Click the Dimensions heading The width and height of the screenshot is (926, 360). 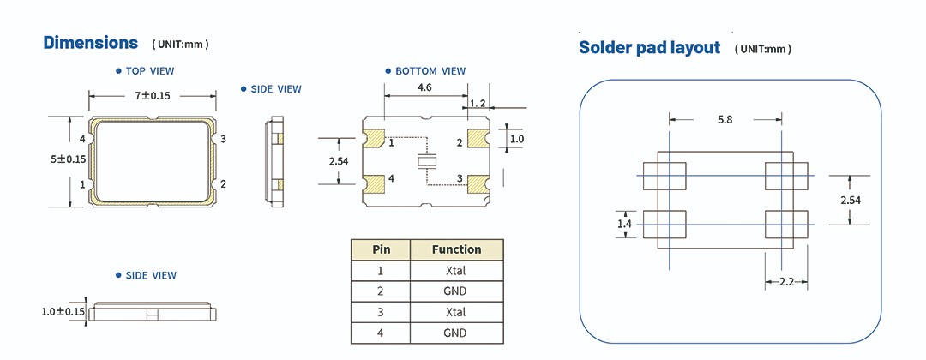[x=90, y=43]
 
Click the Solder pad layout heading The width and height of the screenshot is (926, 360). [x=649, y=48]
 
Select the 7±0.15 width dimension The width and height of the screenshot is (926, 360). [x=152, y=96]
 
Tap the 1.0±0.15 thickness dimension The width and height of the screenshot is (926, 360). [x=63, y=312]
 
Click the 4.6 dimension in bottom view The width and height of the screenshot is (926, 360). [x=424, y=88]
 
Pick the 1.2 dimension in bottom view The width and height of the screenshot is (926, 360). [x=478, y=103]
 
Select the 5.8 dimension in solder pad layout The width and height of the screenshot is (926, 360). [x=725, y=121]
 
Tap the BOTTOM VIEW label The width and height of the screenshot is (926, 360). [x=430, y=71]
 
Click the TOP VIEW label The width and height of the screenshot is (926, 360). [x=150, y=71]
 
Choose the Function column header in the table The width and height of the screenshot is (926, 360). [x=456, y=249]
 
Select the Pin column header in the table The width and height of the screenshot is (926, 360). [x=381, y=249]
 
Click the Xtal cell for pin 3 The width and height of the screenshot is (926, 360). [x=456, y=312]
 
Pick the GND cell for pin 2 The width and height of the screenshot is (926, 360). [x=456, y=291]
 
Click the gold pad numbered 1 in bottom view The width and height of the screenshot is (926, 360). [x=374, y=139]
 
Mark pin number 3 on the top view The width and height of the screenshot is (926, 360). [x=223, y=139]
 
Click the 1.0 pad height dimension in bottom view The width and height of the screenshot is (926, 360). [x=516, y=139]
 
